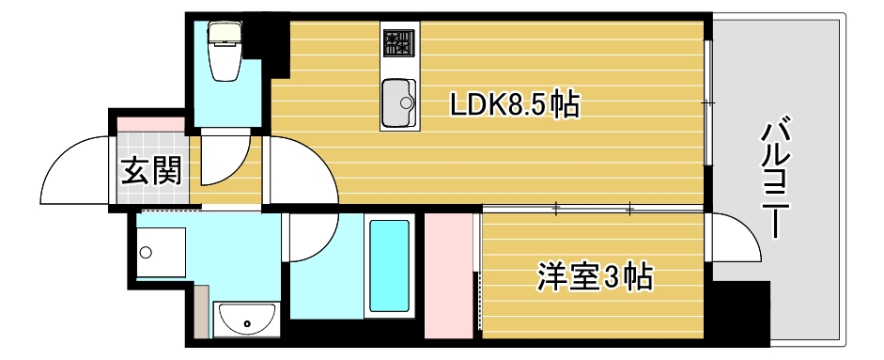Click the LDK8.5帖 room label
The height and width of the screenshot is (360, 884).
[x=513, y=104]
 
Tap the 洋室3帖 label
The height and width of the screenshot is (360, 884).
[x=594, y=277]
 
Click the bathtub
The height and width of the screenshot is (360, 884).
[x=389, y=266]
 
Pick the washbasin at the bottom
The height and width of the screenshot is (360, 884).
[x=247, y=320]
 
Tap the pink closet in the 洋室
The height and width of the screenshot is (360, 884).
[x=449, y=274]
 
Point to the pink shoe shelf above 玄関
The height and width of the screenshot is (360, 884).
[x=150, y=122]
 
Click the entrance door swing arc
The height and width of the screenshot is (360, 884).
[x=75, y=169]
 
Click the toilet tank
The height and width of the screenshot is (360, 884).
[x=225, y=34]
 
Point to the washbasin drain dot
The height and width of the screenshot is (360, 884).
[x=247, y=325]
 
